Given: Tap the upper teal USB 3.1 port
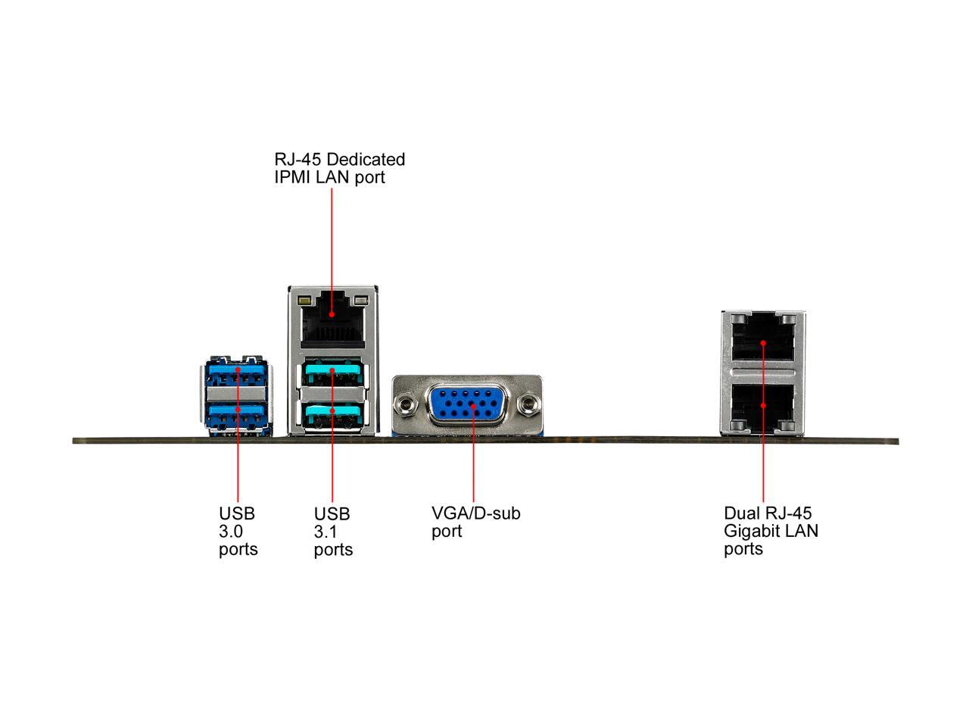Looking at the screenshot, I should [x=333, y=374].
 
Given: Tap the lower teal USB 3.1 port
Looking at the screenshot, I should [x=333, y=414].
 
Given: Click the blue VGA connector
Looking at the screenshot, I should [x=473, y=407].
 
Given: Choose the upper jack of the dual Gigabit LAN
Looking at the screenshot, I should [x=763, y=341].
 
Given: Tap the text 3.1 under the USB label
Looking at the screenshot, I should [x=326, y=531].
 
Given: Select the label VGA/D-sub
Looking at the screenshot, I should [x=476, y=513].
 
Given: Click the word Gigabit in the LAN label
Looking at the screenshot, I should [x=752, y=531].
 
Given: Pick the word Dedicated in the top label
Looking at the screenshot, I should [x=366, y=160].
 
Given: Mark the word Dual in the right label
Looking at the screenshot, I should [x=741, y=513].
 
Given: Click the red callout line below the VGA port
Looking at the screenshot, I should [x=473, y=470].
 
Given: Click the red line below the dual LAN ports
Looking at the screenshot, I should [x=763, y=470].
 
